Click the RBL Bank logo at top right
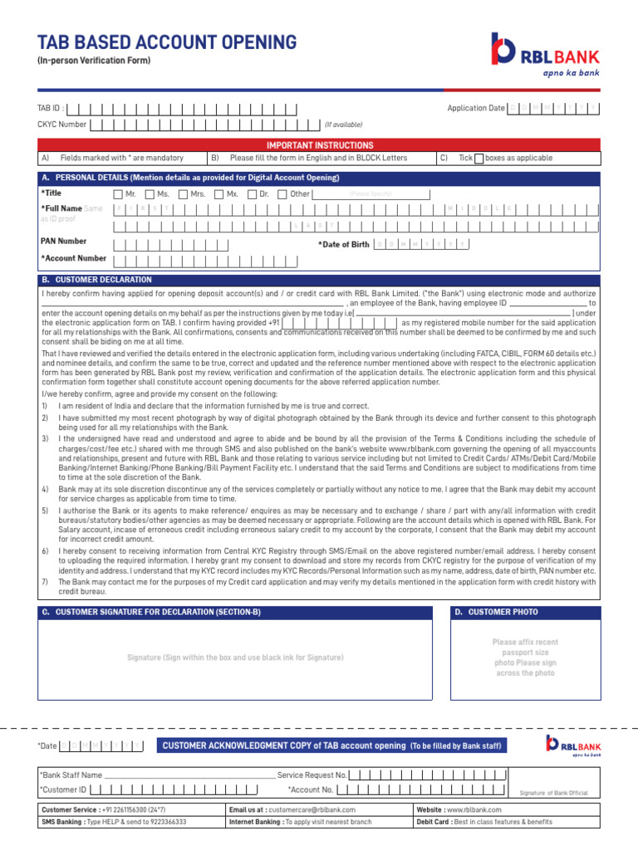coord(544,54)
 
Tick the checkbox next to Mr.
coord(117,194)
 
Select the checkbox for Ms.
coord(149,194)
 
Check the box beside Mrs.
coord(182,194)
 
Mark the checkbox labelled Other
coord(282,194)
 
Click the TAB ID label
coord(50,109)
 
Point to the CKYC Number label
coord(61,125)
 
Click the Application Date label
coord(475,109)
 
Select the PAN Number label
coord(64,242)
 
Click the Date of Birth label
coord(344,244)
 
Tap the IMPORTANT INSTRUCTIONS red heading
coord(319,145)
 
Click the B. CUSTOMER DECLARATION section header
coord(97,281)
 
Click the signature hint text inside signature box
coord(235,657)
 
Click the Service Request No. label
coord(312,774)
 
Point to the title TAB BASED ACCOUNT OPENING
coord(166,42)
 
